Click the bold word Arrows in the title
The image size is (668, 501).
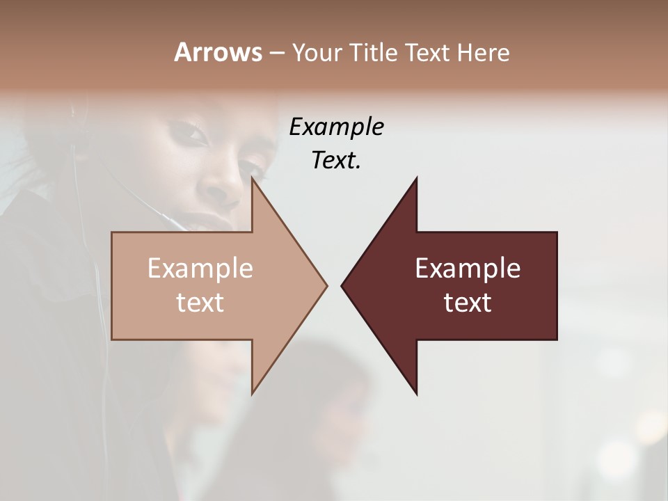[x=218, y=52]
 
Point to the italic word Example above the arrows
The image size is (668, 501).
[x=336, y=127]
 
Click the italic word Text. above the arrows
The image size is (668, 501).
[x=336, y=160]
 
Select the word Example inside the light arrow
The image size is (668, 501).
[x=200, y=268]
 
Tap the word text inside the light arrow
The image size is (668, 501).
[x=200, y=303]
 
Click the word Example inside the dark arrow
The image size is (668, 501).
[x=468, y=268]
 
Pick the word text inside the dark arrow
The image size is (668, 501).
[x=468, y=303]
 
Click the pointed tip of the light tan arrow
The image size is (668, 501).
[x=326, y=285]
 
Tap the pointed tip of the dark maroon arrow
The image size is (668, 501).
[x=342, y=285]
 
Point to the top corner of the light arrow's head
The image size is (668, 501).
[x=253, y=178]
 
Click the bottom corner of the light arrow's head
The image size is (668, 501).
[x=253, y=393]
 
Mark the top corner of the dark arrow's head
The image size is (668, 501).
[x=416, y=178]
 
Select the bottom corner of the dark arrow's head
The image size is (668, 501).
[x=416, y=393]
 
